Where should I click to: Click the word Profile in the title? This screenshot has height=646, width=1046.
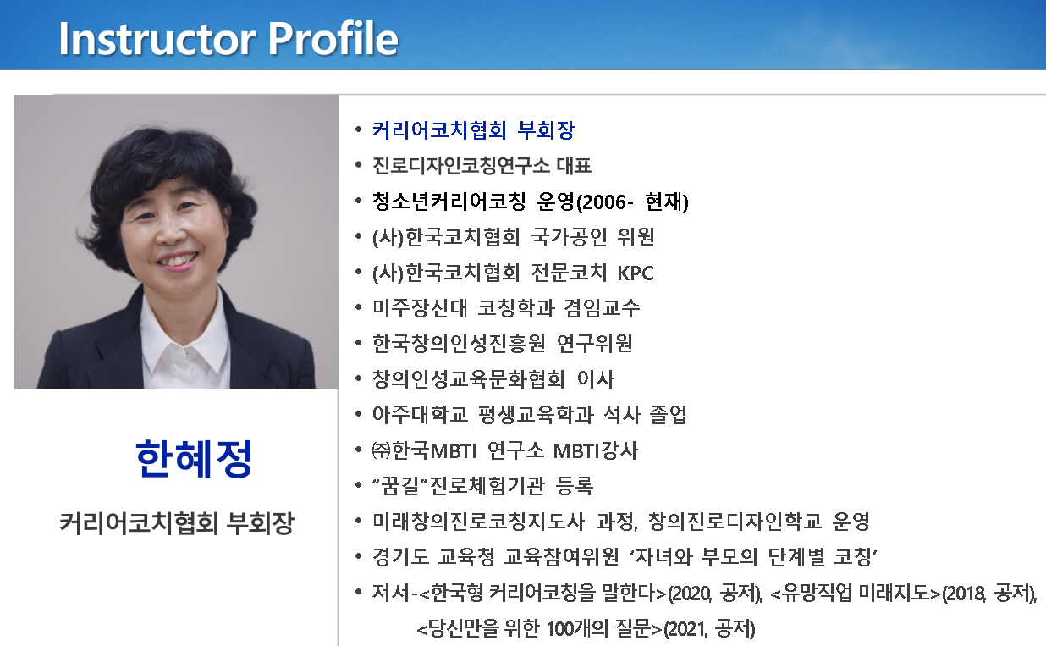[x=333, y=38]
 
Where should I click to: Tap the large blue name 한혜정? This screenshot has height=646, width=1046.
[x=194, y=459]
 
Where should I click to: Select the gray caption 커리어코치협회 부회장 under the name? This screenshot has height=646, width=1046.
[x=177, y=522]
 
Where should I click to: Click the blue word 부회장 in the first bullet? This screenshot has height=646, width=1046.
[x=546, y=130]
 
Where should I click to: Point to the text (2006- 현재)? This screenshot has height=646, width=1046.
[x=633, y=202]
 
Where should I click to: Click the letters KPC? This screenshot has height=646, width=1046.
[x=636, y=273]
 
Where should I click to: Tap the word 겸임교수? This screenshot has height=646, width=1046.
[x=602, y=308]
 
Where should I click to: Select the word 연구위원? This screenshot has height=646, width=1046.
[x=595, y=344]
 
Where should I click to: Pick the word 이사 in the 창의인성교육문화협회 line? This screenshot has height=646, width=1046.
[x=596, y=379]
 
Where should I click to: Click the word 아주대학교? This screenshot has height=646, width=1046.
[x=420, y=415]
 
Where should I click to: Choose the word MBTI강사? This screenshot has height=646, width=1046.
[x=596, y=450]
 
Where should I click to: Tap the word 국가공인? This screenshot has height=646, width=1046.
[x=570, y=237]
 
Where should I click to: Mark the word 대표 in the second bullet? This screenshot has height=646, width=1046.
[x=574, y=166]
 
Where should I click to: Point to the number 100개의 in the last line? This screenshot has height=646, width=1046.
[x=577, y=629]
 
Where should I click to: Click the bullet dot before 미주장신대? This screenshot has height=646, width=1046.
[x=358, y=307]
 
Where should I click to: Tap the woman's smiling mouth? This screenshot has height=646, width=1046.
[x=178, y=260]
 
